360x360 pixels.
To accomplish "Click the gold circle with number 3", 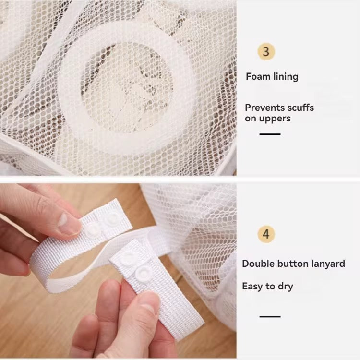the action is click(x=266, y=51).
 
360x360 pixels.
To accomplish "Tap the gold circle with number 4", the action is click(x=266, y=234).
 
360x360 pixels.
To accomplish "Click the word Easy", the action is click(x=252, y=286).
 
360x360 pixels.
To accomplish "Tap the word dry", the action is click(x=286, y=287).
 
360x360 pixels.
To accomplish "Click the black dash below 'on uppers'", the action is click(x=270, y=134).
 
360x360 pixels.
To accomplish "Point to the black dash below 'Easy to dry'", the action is click(x=270, y=316).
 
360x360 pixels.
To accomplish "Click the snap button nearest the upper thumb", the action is click(x=93, y=230).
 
